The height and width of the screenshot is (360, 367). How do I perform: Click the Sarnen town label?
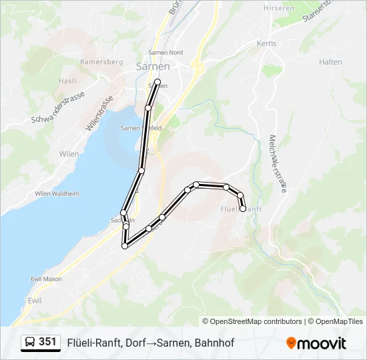[153, 67]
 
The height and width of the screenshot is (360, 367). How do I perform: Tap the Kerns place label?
[266, 43]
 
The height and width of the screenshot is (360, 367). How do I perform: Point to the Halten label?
[330, 62]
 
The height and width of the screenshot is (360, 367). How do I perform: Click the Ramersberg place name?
[101, 62]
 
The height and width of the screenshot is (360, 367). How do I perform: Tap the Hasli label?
[67, 81]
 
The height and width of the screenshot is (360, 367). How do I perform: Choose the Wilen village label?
[69, 154]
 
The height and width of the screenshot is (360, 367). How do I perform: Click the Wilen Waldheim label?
[57, 194]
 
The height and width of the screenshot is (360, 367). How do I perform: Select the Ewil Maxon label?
[46, 279]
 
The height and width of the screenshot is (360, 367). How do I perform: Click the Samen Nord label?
[165, 53]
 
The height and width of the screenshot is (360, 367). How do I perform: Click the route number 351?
[47, 342]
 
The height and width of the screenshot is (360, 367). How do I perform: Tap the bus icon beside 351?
[30, 343]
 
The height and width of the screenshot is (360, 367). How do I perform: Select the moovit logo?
[316, 343]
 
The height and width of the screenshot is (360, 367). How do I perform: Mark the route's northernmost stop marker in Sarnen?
[158, 82]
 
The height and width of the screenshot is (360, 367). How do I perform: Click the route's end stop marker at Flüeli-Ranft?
[243, 209]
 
